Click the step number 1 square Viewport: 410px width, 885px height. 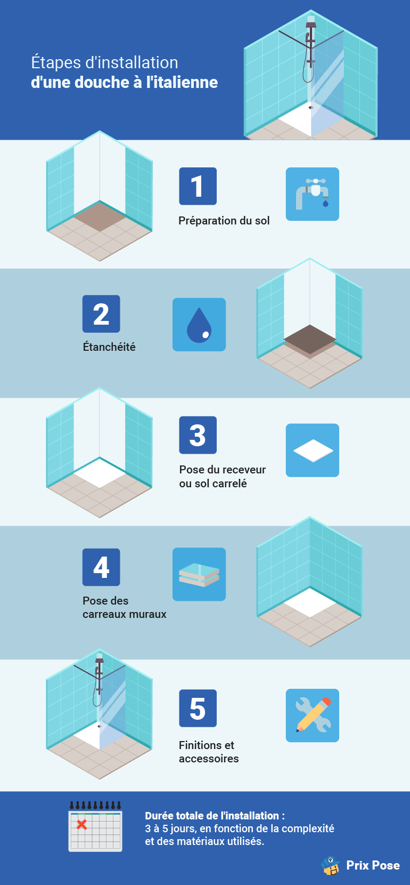pyautogui.click(x=198, y=186)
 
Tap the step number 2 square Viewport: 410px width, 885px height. pyautogui.click(x=101, y=313)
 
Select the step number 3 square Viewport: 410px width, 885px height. pyautogui.click(x=198, y=435)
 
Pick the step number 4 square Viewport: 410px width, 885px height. pyautogui.click(x=101, y=567)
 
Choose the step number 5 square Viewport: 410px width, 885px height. pyautogui.click(x=198, y=708)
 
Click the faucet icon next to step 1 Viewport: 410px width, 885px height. pyautogui.click(x=313, y=194)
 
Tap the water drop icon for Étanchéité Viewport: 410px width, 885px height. pyautogui.click(x=199, y=325)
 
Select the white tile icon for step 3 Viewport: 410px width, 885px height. pyautogui.click(x=313, y=450)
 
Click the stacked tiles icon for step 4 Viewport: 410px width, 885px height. pyautogui.click(x=199, y=574)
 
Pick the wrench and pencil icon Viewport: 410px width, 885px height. pyautogui.click(x=313, y=715)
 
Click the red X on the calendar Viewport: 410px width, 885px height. pyautogui.click(x=81, y=824)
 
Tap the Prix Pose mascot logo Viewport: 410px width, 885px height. pyautogui.click(x=331, y=865)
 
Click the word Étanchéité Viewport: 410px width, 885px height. pyautogui.click(x=109, y=347)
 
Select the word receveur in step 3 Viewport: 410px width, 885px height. pyautogui.click(x=245, y=470)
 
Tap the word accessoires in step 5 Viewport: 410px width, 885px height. pyautogui.click(x=209, y=759)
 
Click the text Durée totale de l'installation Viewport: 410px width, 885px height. pyautogui.click(x=215, y=816)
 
